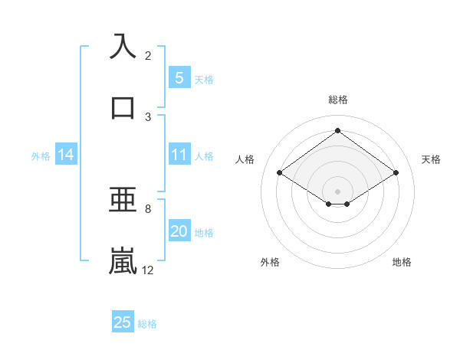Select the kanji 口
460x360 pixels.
(x=123, y=108)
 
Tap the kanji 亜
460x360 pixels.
(x=123, y=201)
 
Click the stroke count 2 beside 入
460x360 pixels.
(x=148, y=55)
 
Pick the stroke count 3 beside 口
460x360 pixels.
(x=148, y=116)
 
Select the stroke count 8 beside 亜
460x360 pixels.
(x=148, y=208)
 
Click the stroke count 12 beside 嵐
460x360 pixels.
(x=148, y=270)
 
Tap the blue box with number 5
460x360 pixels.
(x=179, y=78)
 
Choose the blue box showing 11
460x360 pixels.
(x=179, y=155)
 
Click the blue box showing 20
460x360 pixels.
(x=179, y=232)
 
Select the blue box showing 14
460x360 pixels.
(x=66, y=155)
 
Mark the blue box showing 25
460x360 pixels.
(x=123, y=322)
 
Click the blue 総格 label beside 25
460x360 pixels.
(x=147, y=324)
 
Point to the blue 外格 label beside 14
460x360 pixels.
(x=41, y=156)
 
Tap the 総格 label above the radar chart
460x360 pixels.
(x=337, y=100)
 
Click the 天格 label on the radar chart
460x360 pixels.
(x=431, y=159)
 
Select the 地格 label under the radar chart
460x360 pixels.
(x=402, y=262)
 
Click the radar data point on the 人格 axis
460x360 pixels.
(x=280, y=173)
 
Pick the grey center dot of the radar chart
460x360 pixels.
(x=337, y=191)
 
